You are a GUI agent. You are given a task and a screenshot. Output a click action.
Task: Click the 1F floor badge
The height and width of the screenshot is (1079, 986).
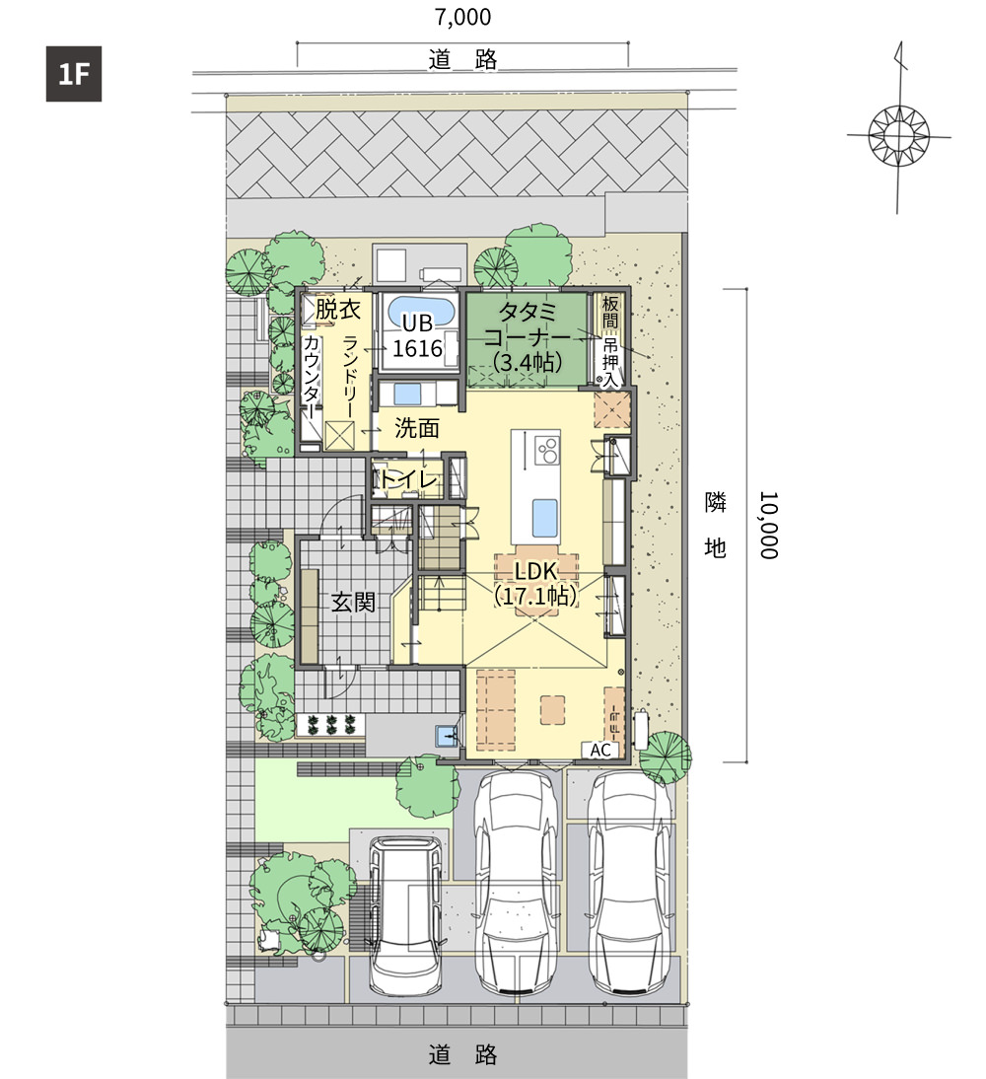click(x=74, y=74)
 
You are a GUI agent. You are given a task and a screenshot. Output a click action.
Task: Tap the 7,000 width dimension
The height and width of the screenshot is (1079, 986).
click(x=463, y=17)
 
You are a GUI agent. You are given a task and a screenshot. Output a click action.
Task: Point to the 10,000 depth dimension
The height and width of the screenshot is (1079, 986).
click(x=768, y=525)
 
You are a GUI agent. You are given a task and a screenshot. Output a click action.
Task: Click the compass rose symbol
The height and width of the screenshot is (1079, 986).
click(x=898, y=134)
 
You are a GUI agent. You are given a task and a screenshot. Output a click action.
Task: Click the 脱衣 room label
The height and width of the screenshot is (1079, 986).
click(x=338, y=310)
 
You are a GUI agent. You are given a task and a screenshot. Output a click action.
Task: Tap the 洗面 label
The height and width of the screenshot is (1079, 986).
click(x=417, y=429)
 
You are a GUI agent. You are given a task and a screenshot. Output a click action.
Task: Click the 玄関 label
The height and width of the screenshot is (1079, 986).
click(x=354, y=602)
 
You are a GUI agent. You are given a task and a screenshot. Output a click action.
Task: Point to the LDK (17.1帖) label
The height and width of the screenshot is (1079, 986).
click(x=536, y=583)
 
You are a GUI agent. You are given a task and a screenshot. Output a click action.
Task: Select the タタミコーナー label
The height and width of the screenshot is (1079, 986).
click(x=528, y=337)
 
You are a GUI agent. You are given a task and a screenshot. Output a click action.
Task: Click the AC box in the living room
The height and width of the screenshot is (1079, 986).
click(x=600, y=750)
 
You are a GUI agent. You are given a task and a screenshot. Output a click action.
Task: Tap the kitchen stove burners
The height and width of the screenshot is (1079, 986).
click(x=547, y=451)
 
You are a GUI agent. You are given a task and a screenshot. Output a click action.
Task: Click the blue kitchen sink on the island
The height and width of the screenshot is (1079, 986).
click(x=544, y=518)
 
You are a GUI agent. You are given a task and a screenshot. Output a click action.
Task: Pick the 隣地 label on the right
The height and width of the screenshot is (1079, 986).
click(x=716, y=525)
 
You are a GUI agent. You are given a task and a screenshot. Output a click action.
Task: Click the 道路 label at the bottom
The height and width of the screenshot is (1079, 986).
click(x=463, y=1055)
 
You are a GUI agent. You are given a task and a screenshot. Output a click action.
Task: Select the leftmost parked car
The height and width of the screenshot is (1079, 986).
click(x=404, y=914)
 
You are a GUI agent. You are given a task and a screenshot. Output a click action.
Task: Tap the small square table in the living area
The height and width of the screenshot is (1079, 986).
click(x=552, y=710)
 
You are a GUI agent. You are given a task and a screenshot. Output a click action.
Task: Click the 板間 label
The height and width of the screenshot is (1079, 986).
click(x=610, y=312)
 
